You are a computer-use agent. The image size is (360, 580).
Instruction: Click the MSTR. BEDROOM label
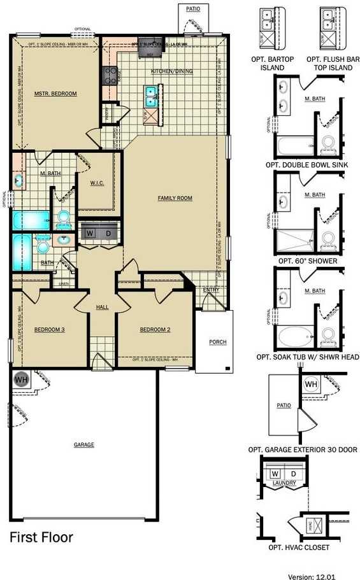tap(55, 94)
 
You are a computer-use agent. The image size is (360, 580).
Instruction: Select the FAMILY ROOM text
tap(175, 198)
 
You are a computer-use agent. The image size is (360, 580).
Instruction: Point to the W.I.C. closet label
tap(97, 183)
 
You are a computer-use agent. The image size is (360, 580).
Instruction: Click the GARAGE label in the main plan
tap(83, 444)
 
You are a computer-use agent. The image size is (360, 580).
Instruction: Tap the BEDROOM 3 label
tap(50, 329)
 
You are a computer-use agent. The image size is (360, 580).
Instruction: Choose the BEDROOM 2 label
tap(155, 329)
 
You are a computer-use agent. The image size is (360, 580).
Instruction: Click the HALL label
tap(102, 307)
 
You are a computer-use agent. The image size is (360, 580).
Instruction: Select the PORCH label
tap(217, 342)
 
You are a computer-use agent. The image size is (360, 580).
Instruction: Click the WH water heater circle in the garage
tap(20, 378)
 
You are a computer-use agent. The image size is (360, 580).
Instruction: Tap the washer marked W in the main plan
tap(90, 233)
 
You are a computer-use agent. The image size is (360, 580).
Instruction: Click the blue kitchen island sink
tap(152, 97)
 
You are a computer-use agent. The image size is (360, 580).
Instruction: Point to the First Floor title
tap(41, 537)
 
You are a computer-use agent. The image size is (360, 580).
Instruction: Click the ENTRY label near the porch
tap(211, 290)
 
